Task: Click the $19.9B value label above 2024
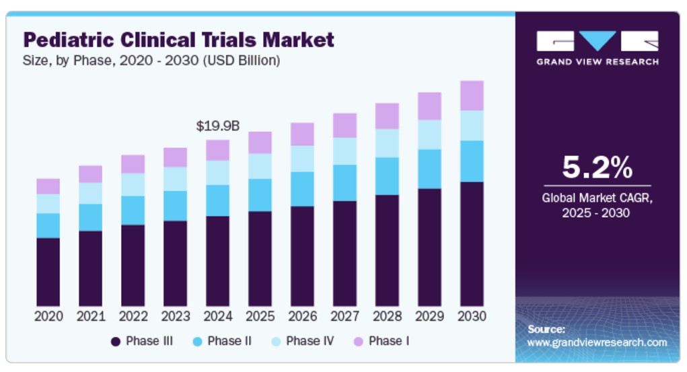pyautogui.click(x=217, y=126)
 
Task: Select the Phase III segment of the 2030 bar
pyautogui.click(x=472, y=244)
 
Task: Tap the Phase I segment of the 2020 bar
pyautogui.click(x=48, y=186)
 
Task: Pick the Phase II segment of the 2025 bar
pyautogui.click(x=260, y=195)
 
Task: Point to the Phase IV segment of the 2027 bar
pyautogui.click(x=345, y=151)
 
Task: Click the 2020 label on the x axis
pyautogui.click(x=48, y=316)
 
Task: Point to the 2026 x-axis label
pyautogui.click(x=302, y=316)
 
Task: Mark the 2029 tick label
pyautogui.click(x=429, y=316)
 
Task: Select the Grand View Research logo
pyautogui.click(x=597, y=48)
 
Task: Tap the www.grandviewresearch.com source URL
pyautogui.click(x=597, y=342)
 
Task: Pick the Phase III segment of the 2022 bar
pyautogui.click(x=133, y=265)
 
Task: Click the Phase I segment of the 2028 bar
pyautogui.click(x=387, y=116)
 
